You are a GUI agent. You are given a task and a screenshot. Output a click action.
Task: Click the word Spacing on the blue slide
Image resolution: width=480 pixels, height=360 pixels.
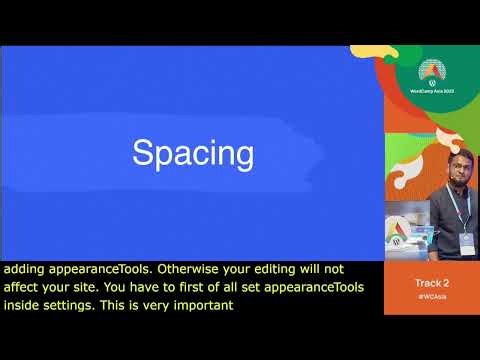point(193,154)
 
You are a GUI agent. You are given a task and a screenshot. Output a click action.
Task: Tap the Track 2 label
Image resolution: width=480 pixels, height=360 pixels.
point(432,284)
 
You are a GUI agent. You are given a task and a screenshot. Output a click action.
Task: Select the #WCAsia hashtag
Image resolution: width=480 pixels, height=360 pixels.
point(432,297)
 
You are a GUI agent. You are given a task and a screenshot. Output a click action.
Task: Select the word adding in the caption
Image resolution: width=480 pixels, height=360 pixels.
point(22,269)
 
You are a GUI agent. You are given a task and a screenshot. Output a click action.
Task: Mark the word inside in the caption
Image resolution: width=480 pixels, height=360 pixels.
point(21,306)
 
